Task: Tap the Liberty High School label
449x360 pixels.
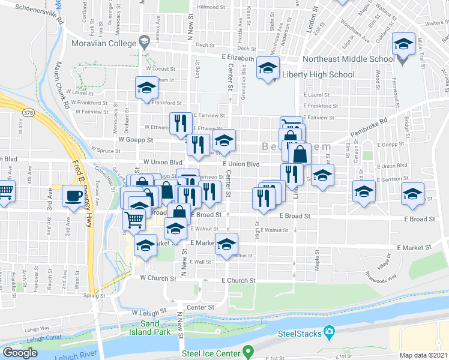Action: (318, 74)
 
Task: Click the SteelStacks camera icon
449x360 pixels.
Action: (328, 332)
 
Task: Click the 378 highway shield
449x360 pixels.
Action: (28, 112)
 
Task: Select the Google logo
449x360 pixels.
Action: (20, 352)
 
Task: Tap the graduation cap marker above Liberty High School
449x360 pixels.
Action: (268, 67)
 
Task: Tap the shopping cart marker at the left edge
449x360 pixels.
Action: (5, 191)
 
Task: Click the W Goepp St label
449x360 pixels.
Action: (136, 140)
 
